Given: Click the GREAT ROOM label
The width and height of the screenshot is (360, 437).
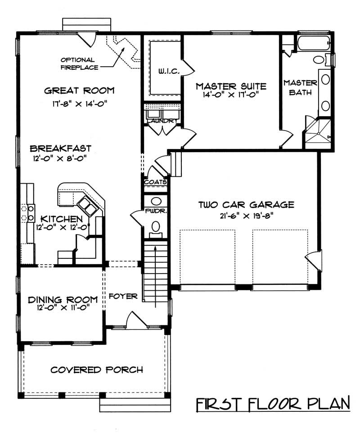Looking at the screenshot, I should (x=79, y=90).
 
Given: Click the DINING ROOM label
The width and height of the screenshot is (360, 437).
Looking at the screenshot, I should (x=63, y=299).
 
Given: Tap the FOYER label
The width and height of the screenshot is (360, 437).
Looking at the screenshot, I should (x=123, y=296).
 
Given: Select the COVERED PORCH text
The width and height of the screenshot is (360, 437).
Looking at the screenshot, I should (x=97, y=370).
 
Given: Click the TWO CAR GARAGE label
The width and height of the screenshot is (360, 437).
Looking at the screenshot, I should (x=246, y=205).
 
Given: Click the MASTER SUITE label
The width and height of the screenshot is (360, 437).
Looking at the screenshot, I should (x=231, y=86).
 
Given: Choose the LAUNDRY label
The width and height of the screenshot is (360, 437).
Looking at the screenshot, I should (x=162, y=121).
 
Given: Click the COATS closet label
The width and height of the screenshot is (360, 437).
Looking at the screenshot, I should (x=156, y=182).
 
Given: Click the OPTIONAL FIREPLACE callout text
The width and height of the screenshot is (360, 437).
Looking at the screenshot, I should (x=77, y=63).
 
